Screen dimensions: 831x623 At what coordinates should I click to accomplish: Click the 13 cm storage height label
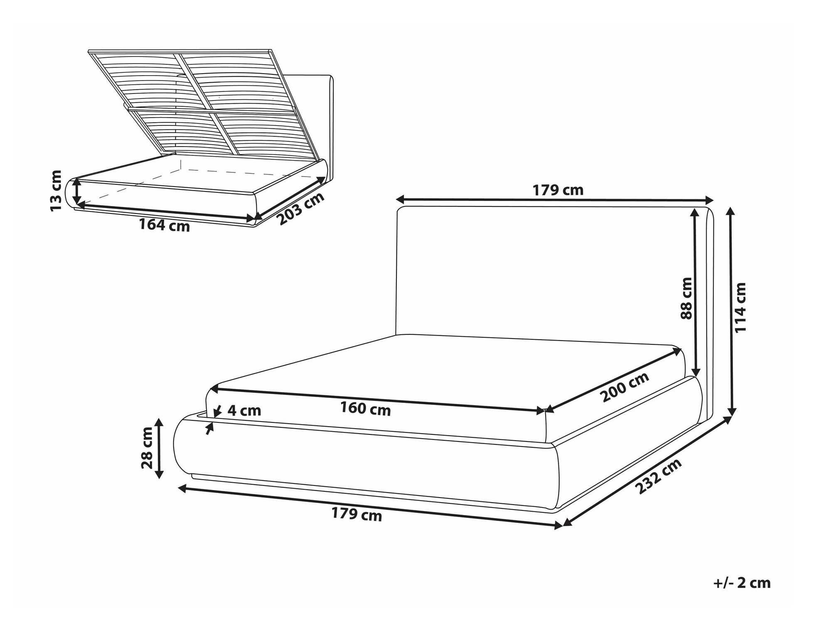[56, 191]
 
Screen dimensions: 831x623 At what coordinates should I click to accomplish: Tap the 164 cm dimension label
[164, 225]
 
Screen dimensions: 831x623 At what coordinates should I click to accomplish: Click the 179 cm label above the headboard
[558, 190]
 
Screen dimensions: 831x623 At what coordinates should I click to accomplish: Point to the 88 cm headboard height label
[686, 298]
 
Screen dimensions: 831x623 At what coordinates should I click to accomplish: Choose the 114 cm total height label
[740, 308]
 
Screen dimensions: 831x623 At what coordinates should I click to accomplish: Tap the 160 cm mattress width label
[366, 409]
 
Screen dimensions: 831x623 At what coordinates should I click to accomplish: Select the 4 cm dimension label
[244, 411]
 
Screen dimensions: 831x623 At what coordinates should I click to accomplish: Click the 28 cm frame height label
[147, 448]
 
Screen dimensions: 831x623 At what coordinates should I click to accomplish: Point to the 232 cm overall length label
[659, 476]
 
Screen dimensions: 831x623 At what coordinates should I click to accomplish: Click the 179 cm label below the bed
[356, 514]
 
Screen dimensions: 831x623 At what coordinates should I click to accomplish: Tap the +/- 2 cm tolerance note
[742, 583]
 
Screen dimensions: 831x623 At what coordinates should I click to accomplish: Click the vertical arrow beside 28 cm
[159, 449]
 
